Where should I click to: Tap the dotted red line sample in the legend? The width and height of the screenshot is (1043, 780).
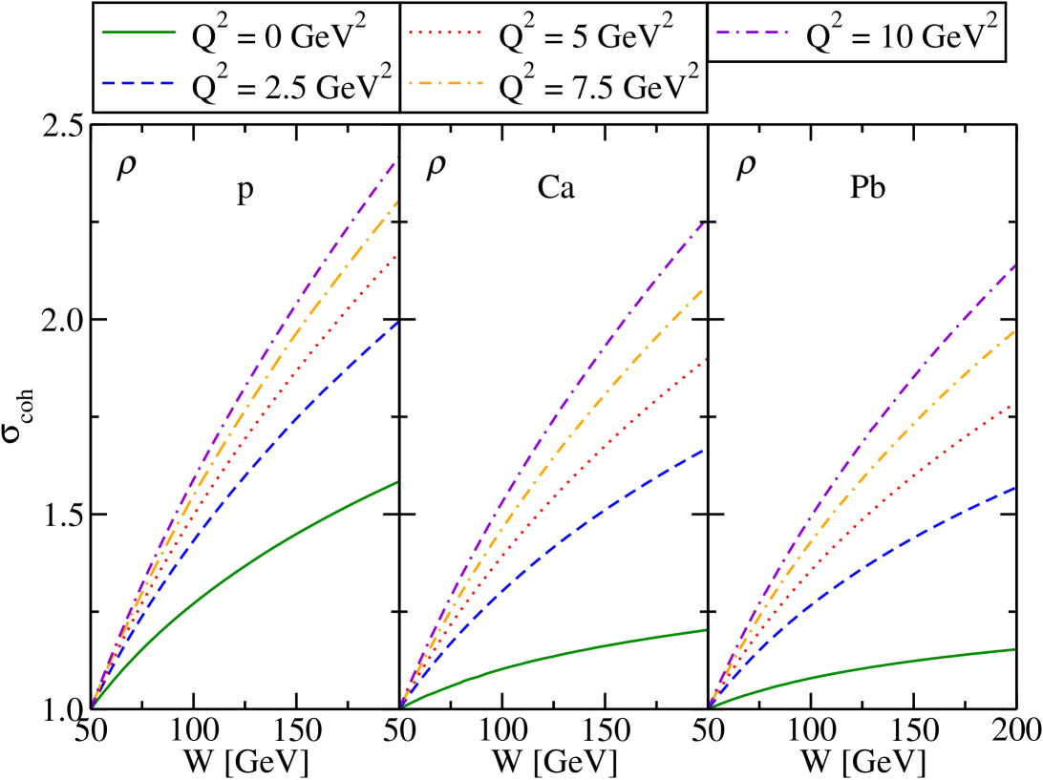[x=445, y=32]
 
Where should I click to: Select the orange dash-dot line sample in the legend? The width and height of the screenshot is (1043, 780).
[x=445, y=84]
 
